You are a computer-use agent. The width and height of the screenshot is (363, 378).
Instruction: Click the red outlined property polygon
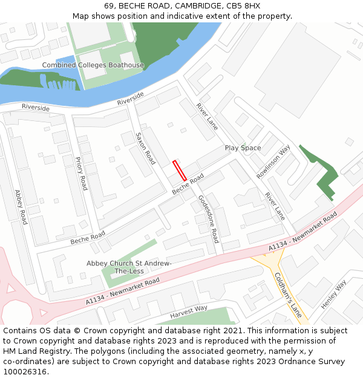(180, 171)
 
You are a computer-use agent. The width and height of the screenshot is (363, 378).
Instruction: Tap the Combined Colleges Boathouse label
(93, 65)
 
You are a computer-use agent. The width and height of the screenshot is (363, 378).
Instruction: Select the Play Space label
(243, 148)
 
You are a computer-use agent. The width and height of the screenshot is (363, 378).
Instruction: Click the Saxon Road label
(146, 148)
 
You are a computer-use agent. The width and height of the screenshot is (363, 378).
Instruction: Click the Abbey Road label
(21, 207)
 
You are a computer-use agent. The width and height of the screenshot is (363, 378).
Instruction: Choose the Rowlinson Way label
(273, 161)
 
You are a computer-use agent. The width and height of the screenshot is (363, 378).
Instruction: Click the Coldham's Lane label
(288, 295)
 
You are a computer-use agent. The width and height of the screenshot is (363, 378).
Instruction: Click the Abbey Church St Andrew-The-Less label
(129, 267)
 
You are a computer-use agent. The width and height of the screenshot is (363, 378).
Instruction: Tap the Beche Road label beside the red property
(188, 185)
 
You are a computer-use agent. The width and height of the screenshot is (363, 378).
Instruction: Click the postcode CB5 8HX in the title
(244, 5)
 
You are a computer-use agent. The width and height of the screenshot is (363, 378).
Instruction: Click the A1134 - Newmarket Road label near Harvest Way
(123, 291)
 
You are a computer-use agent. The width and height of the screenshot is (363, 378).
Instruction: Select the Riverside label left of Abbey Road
(35, 108)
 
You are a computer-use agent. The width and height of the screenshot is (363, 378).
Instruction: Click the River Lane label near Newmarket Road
(275, 206)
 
